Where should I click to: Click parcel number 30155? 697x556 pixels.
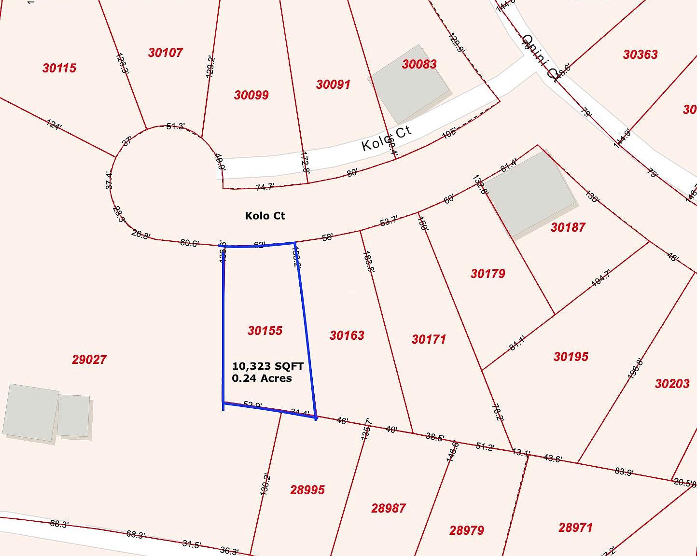(x=265, y=331)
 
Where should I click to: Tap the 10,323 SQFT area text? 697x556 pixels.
(x=267, y=366)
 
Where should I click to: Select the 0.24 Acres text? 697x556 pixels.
(x=262, y=378)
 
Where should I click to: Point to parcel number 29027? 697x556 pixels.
(x=89, y=360)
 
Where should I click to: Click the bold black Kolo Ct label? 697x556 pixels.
(x=265, y=216)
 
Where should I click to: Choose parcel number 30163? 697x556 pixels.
(x=347, y=335)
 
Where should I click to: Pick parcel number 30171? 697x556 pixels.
(x=429, y=339)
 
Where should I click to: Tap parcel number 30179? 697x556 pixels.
(x=488, y=274)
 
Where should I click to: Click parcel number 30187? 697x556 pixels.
(x=568, y=227)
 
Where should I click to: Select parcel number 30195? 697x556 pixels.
(x=571, y=357)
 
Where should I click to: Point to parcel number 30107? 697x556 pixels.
(x=165, y=53)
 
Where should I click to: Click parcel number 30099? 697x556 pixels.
(x=251, y=95)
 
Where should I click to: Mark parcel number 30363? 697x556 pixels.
(x=640, y=55)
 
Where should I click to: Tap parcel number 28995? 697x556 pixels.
(x=307, y=490)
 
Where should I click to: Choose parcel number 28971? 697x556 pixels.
(x=575, y=528)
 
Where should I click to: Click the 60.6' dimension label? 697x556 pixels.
(x=189, y=243)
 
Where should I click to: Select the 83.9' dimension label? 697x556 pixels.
(x=624, y=472)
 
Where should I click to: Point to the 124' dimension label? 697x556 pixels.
(x=54, y=125)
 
